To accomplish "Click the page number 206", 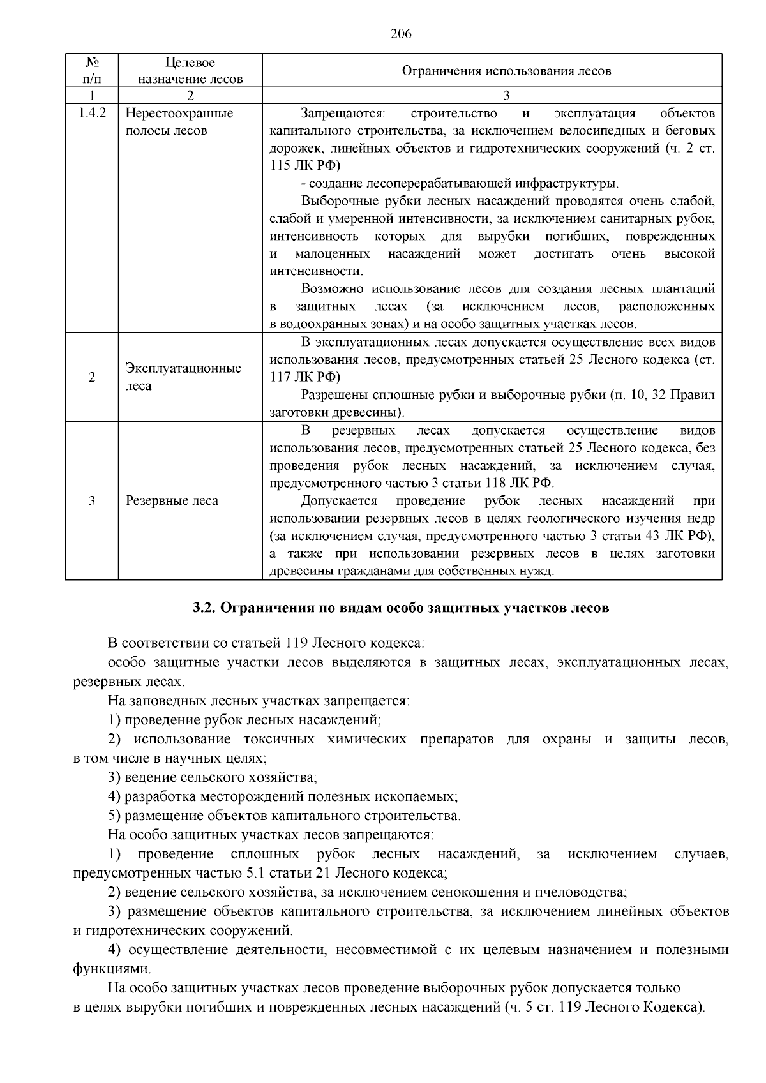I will [x=401, y=34].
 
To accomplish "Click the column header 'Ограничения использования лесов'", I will [x=506, y=71].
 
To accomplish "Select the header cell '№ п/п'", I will [x=92, y=71].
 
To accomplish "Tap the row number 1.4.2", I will [x=92, y=114].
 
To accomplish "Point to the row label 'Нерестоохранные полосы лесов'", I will [x=179, y=122].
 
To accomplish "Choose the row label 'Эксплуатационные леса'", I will [x=183, y=377].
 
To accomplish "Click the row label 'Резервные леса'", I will [x=172, y=501].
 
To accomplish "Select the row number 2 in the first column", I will [x=92, y=377].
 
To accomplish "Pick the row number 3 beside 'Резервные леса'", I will [x=92, y=501].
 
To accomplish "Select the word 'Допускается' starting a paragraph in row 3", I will [x=339, y=500].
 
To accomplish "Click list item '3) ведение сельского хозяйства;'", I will [x=213, y=777].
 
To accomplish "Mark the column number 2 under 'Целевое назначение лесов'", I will [x=190, y=96].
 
